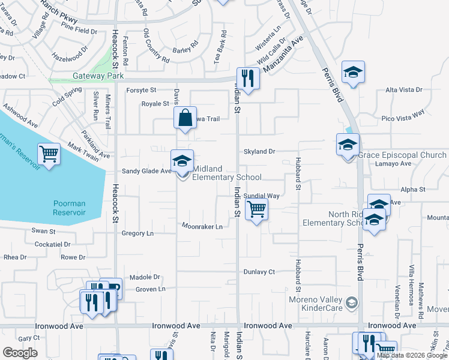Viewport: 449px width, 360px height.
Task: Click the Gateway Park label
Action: click(98, 76)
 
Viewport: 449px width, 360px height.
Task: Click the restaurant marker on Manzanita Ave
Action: click(247, 77)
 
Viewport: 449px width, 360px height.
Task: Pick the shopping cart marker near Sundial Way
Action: click(256, 209)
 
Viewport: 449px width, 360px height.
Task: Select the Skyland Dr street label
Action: click(259, 152)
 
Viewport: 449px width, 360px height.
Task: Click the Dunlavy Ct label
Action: click(259, 272)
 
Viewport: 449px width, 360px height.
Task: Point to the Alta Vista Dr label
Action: click(403, 90)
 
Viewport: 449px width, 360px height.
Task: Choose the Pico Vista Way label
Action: click(403, 112)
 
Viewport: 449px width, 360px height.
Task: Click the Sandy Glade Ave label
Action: click(146, 171)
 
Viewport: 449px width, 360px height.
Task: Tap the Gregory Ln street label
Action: click(137, 233)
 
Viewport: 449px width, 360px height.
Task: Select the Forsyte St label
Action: click(141, 90)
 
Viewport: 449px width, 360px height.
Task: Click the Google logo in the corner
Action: click(20, 353)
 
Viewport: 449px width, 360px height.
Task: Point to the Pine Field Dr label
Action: click(79, 31)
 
